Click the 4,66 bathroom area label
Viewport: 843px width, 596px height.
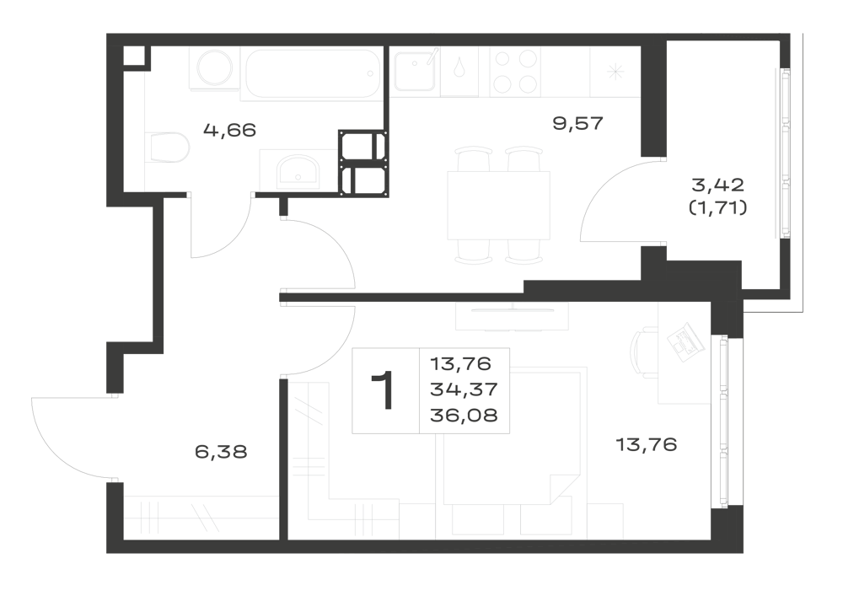(x=229, y=130)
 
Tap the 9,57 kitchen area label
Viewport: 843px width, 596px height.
(x=578, y=124)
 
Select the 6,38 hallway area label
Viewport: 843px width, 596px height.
(x=221, y=452)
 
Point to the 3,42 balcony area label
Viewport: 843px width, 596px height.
(x=717, y=185)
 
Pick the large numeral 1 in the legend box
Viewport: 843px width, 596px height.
(x=384, y=390)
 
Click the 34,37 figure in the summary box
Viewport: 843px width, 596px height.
(x=464, y=389)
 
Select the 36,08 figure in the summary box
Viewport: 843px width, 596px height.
(x=464, y=415)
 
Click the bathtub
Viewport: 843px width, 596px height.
(x=313, y=73)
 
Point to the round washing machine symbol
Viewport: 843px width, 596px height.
(x=214, y=69)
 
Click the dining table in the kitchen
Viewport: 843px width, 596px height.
(x=498, y=206)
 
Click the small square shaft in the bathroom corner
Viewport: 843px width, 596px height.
(x=134, y=56)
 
